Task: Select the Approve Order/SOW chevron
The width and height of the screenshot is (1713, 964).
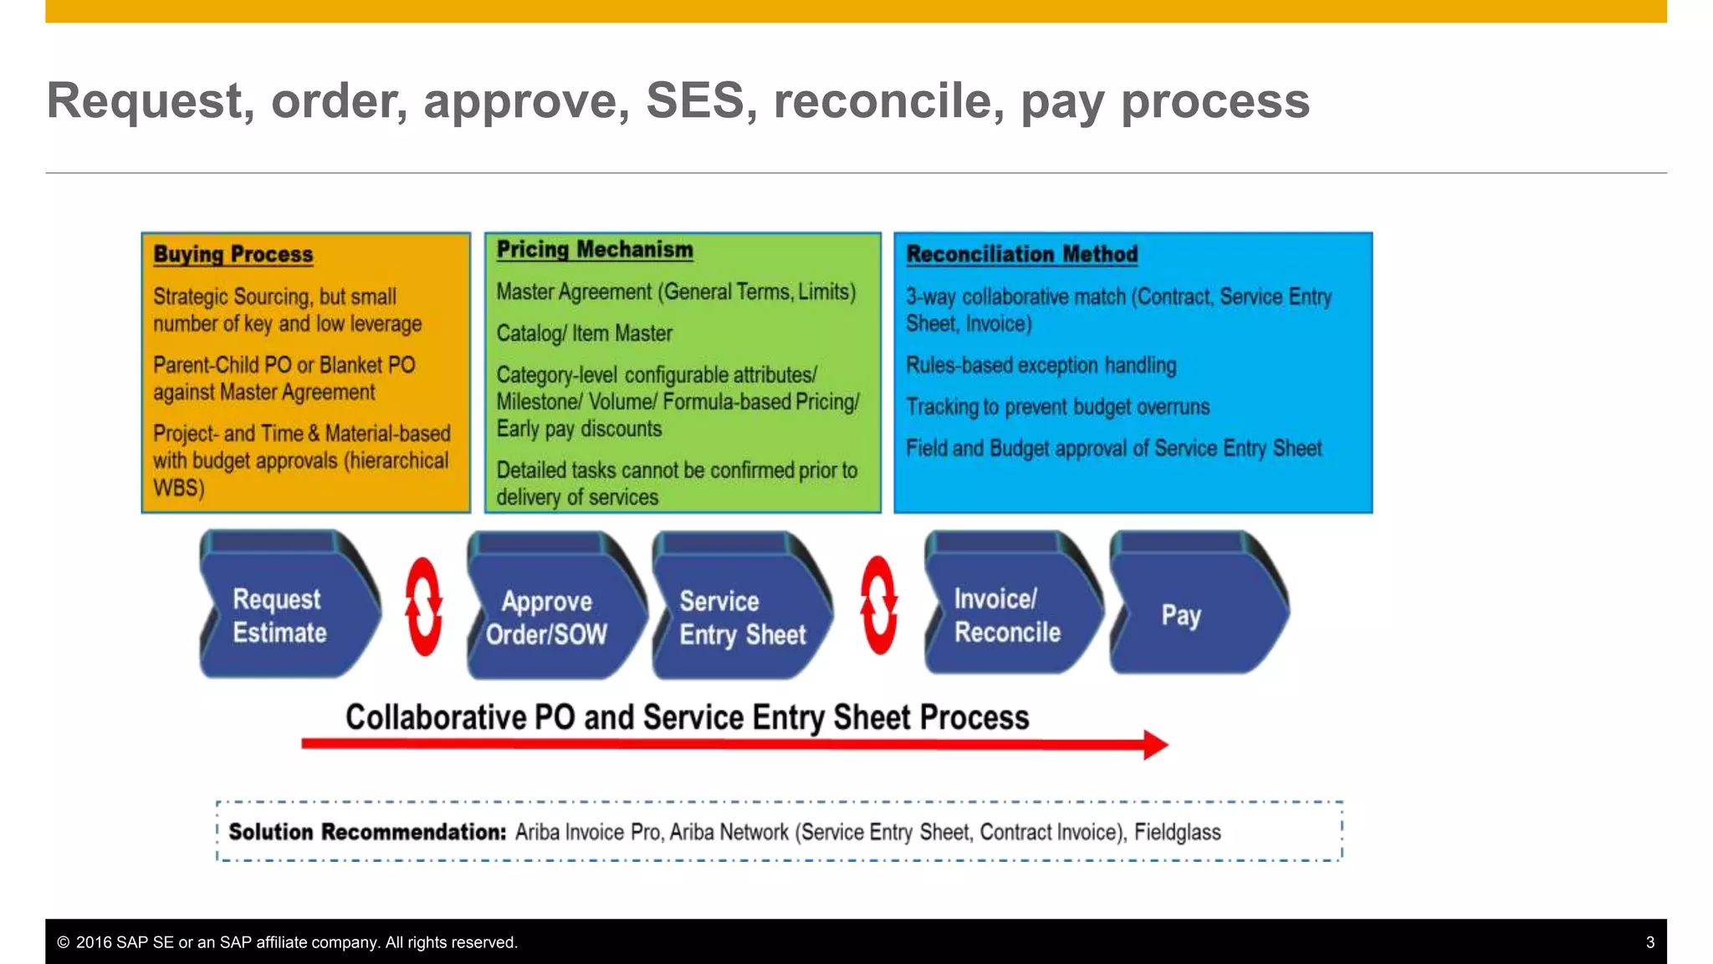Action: (x=552, y=618)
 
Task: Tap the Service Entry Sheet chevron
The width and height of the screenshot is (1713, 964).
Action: (x=740, y=618)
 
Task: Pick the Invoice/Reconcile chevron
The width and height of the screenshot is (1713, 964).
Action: (x=1008, y=615)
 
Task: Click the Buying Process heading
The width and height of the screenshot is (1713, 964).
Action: (x=233, y=254)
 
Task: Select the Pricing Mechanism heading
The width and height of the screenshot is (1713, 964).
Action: (x=595, y=249)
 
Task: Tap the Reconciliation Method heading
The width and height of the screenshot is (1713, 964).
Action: (x=1022, y=254)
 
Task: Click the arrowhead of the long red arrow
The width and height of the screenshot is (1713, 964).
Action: (x=1155, y=744)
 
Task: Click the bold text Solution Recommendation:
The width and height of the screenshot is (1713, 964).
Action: (x=367, y=833)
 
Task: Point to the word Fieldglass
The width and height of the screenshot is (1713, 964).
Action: (x=1177, y=833)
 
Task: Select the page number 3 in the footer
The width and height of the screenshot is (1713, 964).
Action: (x=1649, y=942)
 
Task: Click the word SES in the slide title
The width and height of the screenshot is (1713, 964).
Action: (x=694, y=100)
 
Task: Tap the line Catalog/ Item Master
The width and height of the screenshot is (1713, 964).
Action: (x=585, y=334)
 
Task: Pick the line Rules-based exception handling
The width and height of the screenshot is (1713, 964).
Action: (x=1041, y=366)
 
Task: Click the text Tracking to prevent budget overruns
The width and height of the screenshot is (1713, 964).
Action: (x=1058, y=408)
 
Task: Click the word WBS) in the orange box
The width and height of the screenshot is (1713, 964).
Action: (x=178, y=488)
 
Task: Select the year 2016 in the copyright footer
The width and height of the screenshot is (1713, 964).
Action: (x=94, y=942)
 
